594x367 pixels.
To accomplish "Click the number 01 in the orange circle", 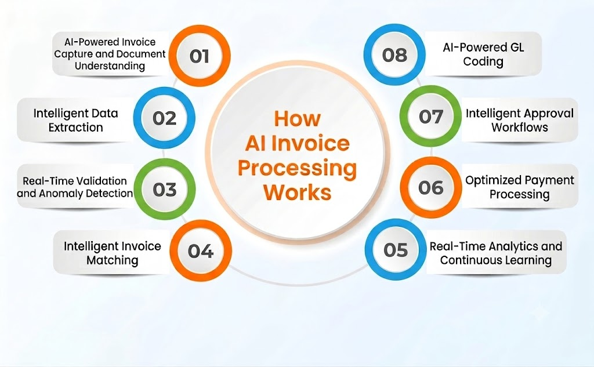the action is tap(200, 56).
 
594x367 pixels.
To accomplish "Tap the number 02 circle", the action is tap(164, 118).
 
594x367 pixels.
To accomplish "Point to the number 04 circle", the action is tap(200, 250).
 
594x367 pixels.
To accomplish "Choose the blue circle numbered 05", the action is tap(396, 249).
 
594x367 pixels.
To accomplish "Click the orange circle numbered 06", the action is tap(431, 187).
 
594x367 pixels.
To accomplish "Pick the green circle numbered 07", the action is tap(431, 117).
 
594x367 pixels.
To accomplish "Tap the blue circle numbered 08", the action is tap(394, 55).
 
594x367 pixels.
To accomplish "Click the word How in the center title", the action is tap(298, 118).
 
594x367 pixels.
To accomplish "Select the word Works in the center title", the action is tap(298, 192).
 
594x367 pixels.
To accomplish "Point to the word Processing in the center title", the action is tap(298, 169).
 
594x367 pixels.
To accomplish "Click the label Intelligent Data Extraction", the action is tap(76, 120).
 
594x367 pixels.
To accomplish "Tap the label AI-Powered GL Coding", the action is tap(483, 54).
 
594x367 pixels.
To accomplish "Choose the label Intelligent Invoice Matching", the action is tap(113, 253).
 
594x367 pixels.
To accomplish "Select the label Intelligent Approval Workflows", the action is tap(520, 120).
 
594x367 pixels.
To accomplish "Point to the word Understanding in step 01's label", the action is tap(110, 66).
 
